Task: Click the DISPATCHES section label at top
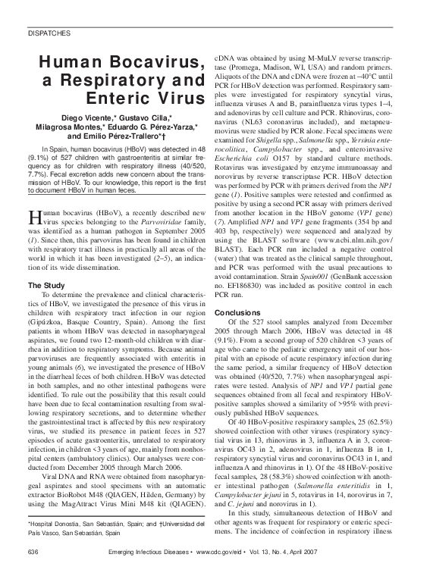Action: coord(49,34)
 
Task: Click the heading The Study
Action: coord(47,285)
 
